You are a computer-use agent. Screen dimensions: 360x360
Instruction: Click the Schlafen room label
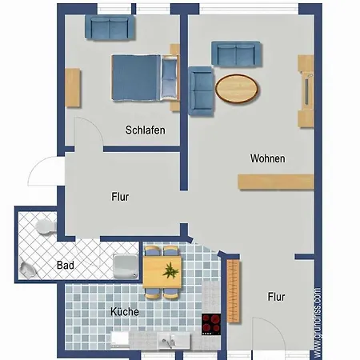(x=146, y=130)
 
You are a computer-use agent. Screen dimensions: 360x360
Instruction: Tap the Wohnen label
(x=268, y=158)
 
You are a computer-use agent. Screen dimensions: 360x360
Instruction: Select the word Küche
(x=125, y=311)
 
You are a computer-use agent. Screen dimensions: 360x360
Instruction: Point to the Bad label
(x=66, y=266)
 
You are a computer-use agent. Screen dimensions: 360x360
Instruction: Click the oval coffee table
(x=237, y=89)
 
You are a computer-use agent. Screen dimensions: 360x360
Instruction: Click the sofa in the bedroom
(x=110, y=27)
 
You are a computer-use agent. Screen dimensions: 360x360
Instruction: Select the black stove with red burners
(x=211, y=324)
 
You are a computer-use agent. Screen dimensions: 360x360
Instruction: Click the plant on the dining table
(x=170, y=271)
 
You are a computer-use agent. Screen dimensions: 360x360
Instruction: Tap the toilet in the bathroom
(x=46, y=226)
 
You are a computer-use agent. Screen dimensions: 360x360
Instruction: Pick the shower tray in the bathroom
(x=126, y=266)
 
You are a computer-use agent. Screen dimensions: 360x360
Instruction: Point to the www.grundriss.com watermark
(x=318, y=322)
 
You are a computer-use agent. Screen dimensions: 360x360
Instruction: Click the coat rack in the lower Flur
(x=234, y=291)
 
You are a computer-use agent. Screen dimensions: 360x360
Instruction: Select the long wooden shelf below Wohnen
(x=276, y=182)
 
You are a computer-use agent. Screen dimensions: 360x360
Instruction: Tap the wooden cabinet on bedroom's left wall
(x=73, y=88)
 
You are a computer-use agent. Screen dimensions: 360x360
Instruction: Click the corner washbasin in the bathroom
(x=27, y=270)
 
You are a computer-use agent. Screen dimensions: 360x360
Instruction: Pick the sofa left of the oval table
(x=201, y=91)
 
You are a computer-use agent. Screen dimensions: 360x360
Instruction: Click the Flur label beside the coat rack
(x=276, y=297)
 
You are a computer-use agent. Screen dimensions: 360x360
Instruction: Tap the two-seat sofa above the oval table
(x=236, y=54)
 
